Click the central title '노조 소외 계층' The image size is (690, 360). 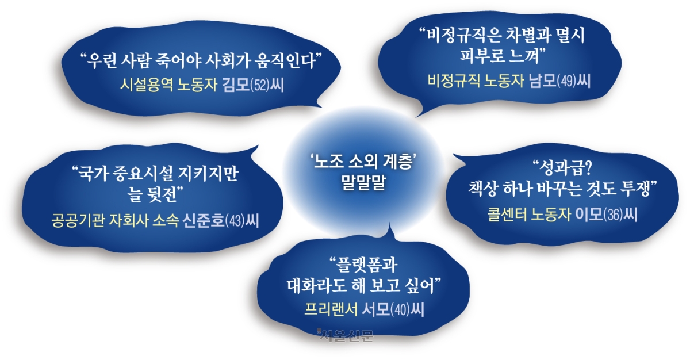[364, 162]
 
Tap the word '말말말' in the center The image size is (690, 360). [363, 183]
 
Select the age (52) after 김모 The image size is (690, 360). [260, 85]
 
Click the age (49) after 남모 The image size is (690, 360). [567, 81]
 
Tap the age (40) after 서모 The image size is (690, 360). [400, 310]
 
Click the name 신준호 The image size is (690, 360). [204, 220]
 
